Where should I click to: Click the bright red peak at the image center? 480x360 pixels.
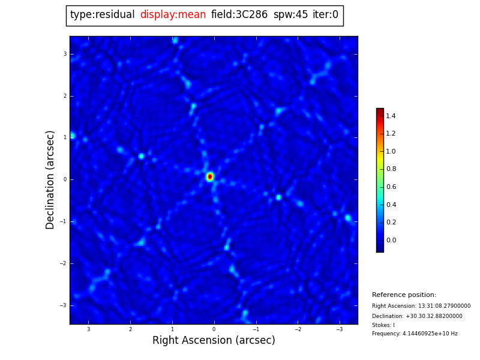(x=210, y=176)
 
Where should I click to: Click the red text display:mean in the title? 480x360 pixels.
(x=173, y=15)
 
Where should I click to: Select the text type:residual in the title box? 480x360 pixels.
(x=102, y=15)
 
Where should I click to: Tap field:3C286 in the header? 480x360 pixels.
(x=239, y=15)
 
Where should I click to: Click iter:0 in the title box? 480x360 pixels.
(x=325, y=15)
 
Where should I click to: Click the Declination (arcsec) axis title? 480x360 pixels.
(x=50, y=179)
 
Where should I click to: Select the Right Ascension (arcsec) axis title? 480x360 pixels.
(x=214, y=341)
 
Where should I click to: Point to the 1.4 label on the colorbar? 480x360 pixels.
(x=391, y=116)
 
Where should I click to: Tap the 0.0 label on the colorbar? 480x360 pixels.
(x=391, y=241)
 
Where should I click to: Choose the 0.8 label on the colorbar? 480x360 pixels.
(x=391, y=169)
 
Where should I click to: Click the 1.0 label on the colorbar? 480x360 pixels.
(x=391, y=151)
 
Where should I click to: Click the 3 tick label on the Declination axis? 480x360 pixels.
(x=65, y=54)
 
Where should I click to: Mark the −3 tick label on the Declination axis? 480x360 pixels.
(x=64, y=305)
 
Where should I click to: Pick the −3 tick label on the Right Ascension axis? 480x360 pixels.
(x=338, y=329)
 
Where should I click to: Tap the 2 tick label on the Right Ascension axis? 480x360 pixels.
(x=130, y=329)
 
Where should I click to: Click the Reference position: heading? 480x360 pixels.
(x=404, y=295)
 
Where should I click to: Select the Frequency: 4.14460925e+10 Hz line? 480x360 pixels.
(x=415, y=334)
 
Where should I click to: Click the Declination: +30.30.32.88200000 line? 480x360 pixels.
(x=417, y=316)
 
